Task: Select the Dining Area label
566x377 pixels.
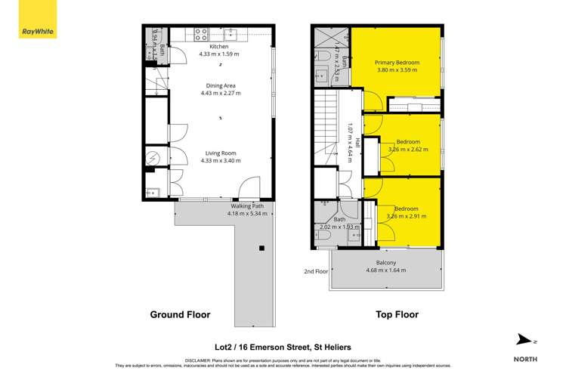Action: click(x=220, y=85)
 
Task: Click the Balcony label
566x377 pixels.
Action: click(x=386, y=262)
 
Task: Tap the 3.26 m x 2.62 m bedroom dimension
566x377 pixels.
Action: click(x=407, y=150)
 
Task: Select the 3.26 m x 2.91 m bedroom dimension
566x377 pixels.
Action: click(x=407, y=216)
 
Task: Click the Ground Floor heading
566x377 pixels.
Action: click(x=180, y=314)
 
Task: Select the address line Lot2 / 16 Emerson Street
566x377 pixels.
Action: click(x=282, y=346)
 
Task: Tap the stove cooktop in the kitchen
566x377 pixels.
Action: click(x=202, y=33)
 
